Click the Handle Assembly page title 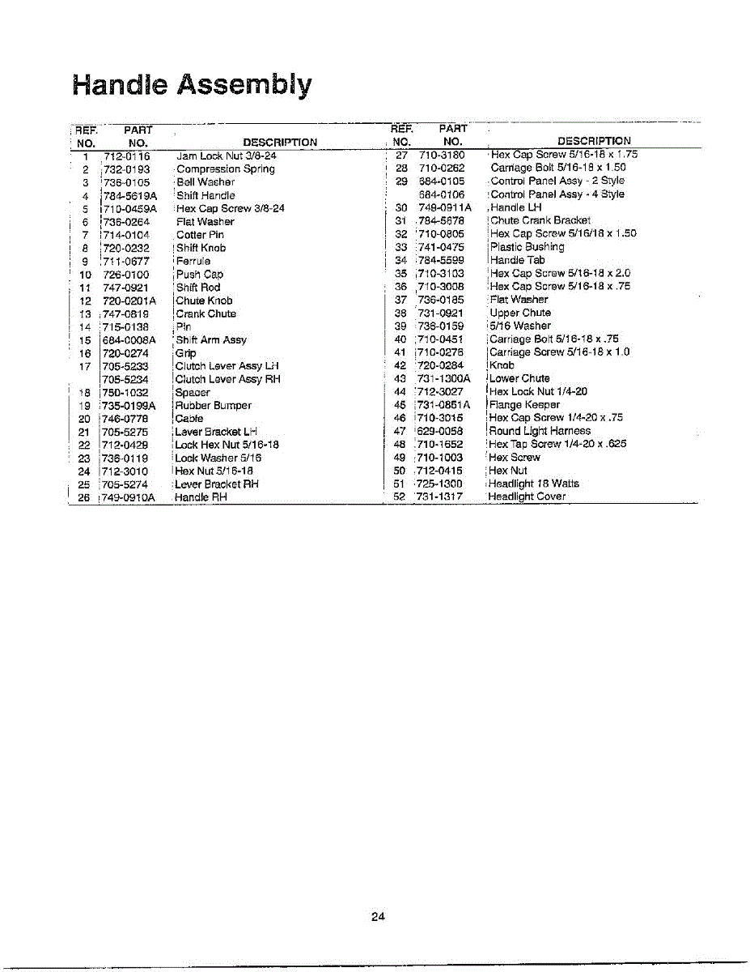coord(192,85)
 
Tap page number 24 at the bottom coord(378,917)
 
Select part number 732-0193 coord(126,169)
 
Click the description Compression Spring coord(226,169)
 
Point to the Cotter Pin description coord(200,235)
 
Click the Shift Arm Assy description coord(211,340)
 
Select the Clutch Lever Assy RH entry coord(227,379)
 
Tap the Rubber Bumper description coord(214,406)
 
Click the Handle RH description coord(201,497)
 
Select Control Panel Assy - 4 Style coord(557,194)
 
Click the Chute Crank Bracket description coord(540,220)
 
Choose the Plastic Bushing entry coord(528,247)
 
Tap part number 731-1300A coord(444,378)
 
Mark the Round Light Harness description coord(540,431)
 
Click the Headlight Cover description coord(527,497)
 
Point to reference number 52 coord(399,497)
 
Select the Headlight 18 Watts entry coord(534,484)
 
